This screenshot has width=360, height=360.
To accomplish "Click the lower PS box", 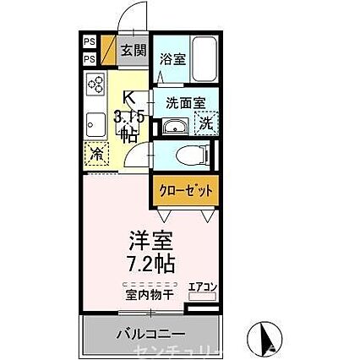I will tap(90, 58).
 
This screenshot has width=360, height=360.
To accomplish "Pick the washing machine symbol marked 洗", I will tap(205, 123).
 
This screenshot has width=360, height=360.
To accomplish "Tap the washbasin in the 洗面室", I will tap(173, 127).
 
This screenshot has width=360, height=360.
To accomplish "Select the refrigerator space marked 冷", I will tap(95, 155).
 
